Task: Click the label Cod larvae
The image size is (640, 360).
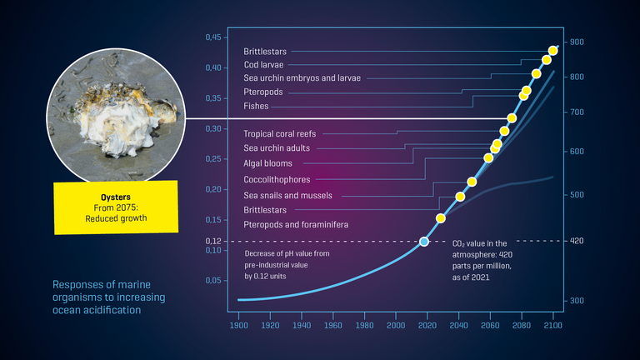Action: (262, 64)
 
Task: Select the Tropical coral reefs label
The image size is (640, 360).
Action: (285, 133)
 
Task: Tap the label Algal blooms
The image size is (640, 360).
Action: (267, 163)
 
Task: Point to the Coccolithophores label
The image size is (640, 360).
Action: (277, 179)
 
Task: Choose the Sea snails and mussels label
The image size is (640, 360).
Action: (287, 195)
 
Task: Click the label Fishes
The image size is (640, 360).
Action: (256, 106)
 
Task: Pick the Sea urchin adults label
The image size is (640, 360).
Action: (277, 147)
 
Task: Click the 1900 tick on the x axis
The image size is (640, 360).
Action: (239, 326)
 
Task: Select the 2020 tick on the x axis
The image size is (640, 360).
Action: (427, 326)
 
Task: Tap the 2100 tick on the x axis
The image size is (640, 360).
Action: (553, 326)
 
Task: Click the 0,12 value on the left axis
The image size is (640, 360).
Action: (213, 241)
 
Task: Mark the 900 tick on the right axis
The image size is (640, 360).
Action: (577, 42)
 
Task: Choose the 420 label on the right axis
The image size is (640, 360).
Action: (577, 241)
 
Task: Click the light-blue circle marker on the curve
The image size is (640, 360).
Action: (424, 241)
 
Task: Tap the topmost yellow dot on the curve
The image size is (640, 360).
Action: (553, 51)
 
